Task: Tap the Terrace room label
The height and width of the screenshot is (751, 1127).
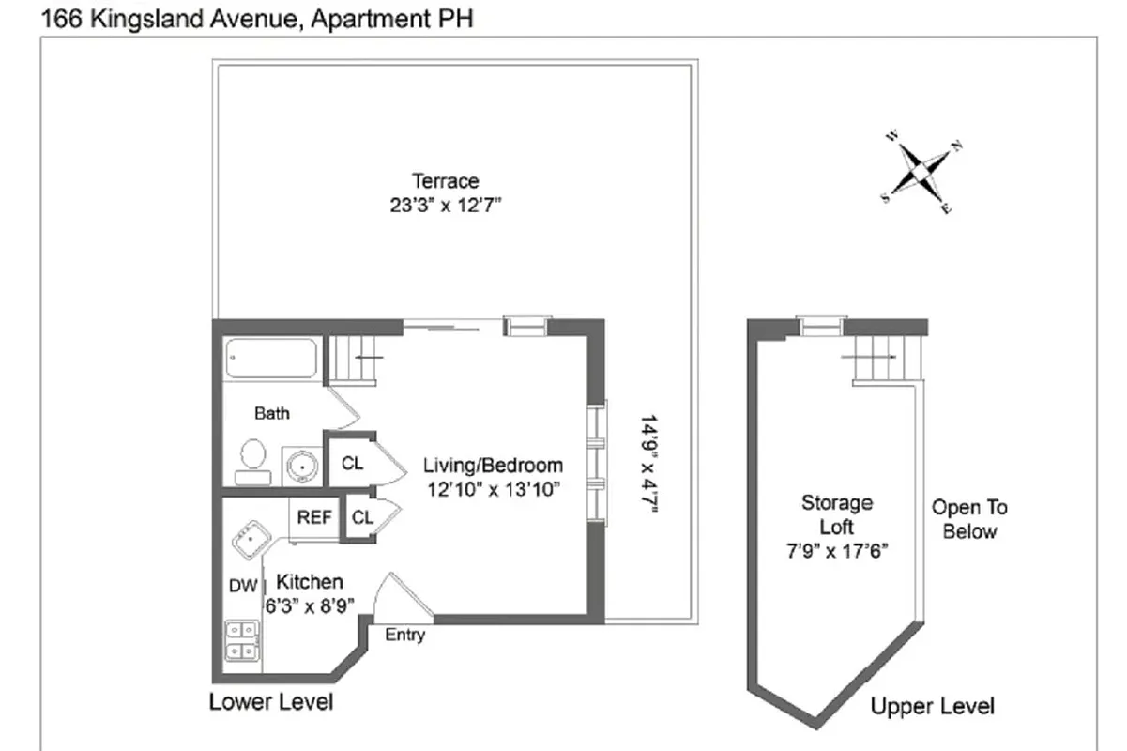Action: pyautogui.click(x=446, y=181)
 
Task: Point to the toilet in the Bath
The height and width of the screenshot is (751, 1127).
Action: pyautogui.click(x=251, y=461)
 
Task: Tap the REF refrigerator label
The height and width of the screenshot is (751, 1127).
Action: pyautogui.click(x=314, y=517)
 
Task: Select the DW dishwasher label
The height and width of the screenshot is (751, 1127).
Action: pyautogui.click(x=243, y=586)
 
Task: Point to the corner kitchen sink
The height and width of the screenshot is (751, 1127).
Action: pyautogui.click(x=251, y=541)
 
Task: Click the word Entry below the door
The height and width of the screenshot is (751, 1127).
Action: pyautogui.click(x=405, y=636)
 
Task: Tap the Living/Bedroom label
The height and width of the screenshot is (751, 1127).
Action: pyautogui.click(x=493, y=465)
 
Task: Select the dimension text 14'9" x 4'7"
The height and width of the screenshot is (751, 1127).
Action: pyautogui.click(x=648, y=464)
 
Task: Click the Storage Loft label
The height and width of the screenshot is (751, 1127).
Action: pyautogui.click(x=836, y=514)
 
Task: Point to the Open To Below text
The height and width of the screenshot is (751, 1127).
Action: pyautogui.click(x=969, y=519)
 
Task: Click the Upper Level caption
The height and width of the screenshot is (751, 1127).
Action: pyautogui.click(x=932, y=706)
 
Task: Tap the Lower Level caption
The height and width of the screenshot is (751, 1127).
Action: pyautogui.click(x=271, y=701)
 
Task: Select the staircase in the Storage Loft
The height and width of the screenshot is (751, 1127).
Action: pyautogui.click(x=884, y=358)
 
